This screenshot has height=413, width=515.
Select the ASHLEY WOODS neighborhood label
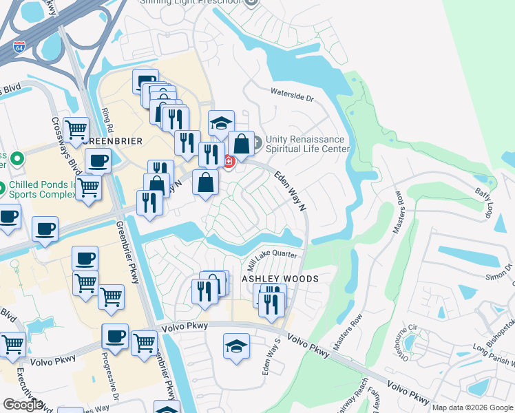click(x=280, y=279)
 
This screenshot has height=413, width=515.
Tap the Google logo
click(x=23, y=405)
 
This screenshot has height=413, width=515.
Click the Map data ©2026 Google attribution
click(x=472, y=407)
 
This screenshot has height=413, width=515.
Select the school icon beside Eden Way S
click(x=236, y=346)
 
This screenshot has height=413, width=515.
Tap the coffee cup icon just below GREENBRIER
click(x=98, y=162)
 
